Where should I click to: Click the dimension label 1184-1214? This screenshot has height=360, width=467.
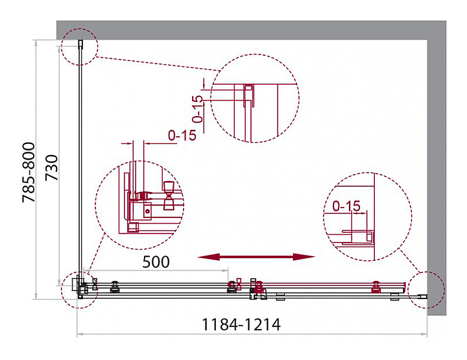pos(241,324)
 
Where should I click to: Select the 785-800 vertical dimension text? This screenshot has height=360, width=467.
pos(29,173)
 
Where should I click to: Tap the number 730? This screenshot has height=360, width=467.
pos(51,167)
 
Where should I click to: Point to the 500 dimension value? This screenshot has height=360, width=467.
pos(156,262)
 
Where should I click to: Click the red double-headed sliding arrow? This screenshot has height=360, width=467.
pos(256,257)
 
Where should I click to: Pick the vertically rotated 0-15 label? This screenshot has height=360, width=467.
pos(197,109)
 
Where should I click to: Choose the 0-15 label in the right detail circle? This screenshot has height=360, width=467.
pos(346,206)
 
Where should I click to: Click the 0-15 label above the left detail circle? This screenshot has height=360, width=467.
pos(182,136)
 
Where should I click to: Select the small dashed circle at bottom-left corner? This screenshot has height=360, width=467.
pos(62,290)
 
